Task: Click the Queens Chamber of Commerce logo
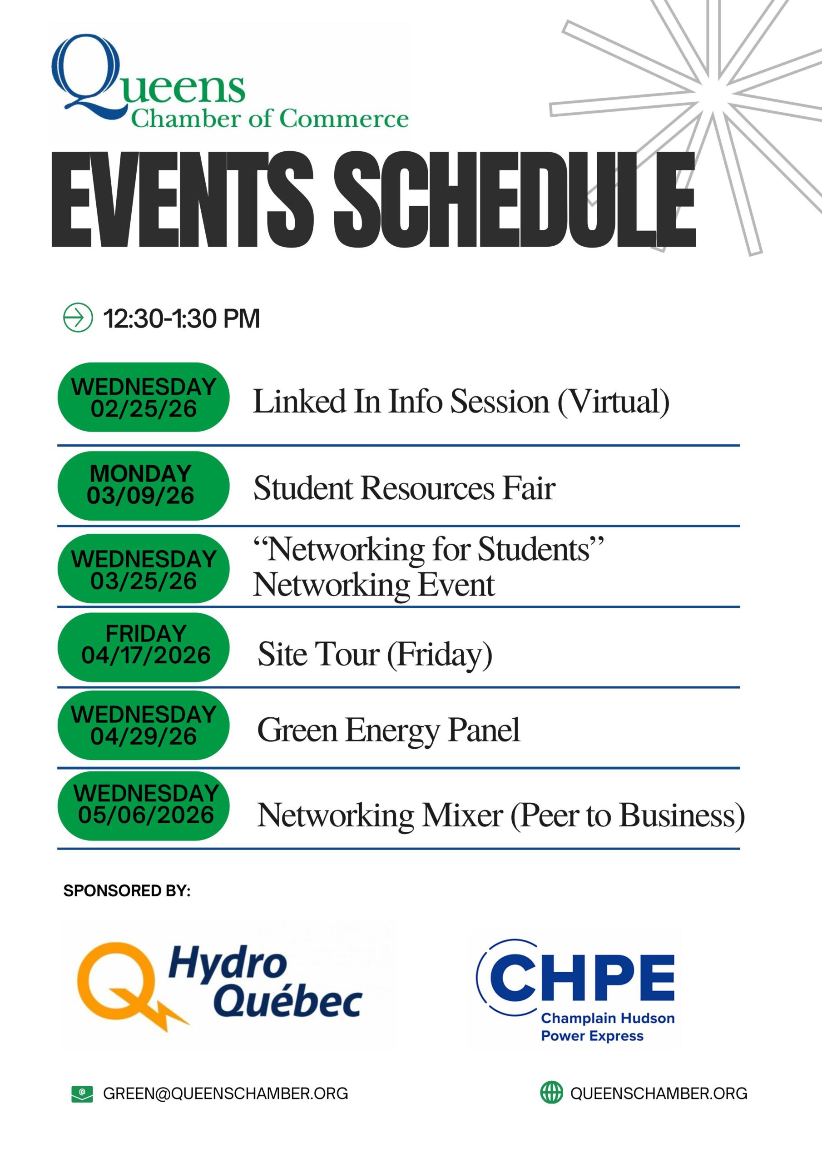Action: (230, 82)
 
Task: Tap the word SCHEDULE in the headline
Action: (514, 199)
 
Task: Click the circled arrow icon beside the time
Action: (78, 318)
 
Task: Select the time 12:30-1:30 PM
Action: (181, 318)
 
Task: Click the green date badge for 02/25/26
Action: (144, 397)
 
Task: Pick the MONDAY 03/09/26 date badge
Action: (144, 485)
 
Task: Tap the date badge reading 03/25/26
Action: (144, 568)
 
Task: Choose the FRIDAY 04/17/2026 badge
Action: (144, 647)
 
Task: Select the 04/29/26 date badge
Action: (144, 725)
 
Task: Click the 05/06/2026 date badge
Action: (144, 806)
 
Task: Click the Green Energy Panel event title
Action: (388, 730)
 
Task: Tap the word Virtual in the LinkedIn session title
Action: (613, 401)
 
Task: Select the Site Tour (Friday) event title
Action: (375, 654)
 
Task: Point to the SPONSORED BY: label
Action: (127, 890)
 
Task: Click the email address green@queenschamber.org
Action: (225, 1093)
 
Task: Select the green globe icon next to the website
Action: (551, 1092)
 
